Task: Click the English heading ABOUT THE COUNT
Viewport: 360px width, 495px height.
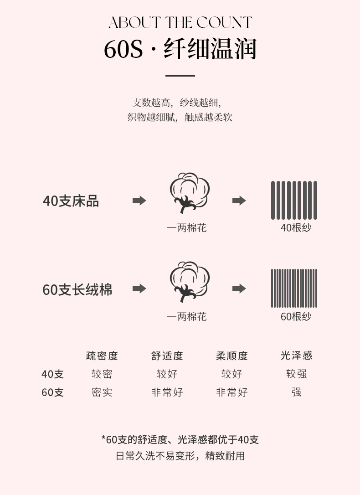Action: click(180, 22)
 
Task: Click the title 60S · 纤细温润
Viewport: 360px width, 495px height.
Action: click(180, 49)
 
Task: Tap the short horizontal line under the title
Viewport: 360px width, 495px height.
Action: click(180, 76)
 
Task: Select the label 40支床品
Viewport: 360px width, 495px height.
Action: click(71, 201)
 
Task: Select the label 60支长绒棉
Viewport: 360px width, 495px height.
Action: click(77, 290)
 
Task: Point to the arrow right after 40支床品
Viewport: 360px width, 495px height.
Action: click(139, 201)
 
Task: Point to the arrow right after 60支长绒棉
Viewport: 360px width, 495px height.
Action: click(139, 289)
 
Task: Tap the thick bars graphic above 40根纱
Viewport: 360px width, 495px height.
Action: click(294, 200)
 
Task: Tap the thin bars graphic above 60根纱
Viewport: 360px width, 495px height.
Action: click(294, 288)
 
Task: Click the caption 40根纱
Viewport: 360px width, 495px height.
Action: click(296, 228)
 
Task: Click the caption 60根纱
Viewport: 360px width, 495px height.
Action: click(296, 316)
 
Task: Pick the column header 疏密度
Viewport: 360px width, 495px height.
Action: click(102, 356)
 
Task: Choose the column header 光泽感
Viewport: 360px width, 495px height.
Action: click(296, 356)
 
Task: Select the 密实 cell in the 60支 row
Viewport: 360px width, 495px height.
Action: click(102, 392)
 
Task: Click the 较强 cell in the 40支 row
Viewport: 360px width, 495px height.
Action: click(296, 374)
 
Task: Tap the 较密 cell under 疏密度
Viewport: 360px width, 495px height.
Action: click(102, 374)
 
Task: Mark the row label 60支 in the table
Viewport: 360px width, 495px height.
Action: click(53, 392)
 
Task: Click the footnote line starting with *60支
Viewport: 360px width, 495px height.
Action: click(180, 440)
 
